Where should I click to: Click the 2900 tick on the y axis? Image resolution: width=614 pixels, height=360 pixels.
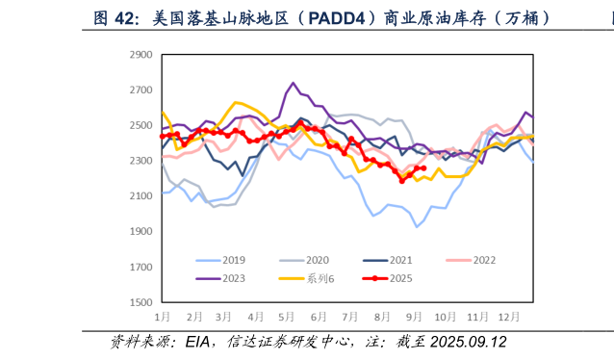140,55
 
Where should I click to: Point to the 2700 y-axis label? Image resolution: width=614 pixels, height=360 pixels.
140,90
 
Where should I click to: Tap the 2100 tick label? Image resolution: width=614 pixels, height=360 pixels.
140,196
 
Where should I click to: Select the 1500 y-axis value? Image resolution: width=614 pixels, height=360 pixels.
140,302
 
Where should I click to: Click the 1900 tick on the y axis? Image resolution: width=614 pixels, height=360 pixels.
140,232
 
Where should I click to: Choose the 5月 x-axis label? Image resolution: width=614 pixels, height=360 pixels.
286,316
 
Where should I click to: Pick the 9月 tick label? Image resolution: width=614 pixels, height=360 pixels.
413,316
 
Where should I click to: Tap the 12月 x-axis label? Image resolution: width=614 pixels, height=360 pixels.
508,316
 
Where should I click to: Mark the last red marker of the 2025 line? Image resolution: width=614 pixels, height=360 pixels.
423,168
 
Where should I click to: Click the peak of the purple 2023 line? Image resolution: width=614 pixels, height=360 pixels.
294,84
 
